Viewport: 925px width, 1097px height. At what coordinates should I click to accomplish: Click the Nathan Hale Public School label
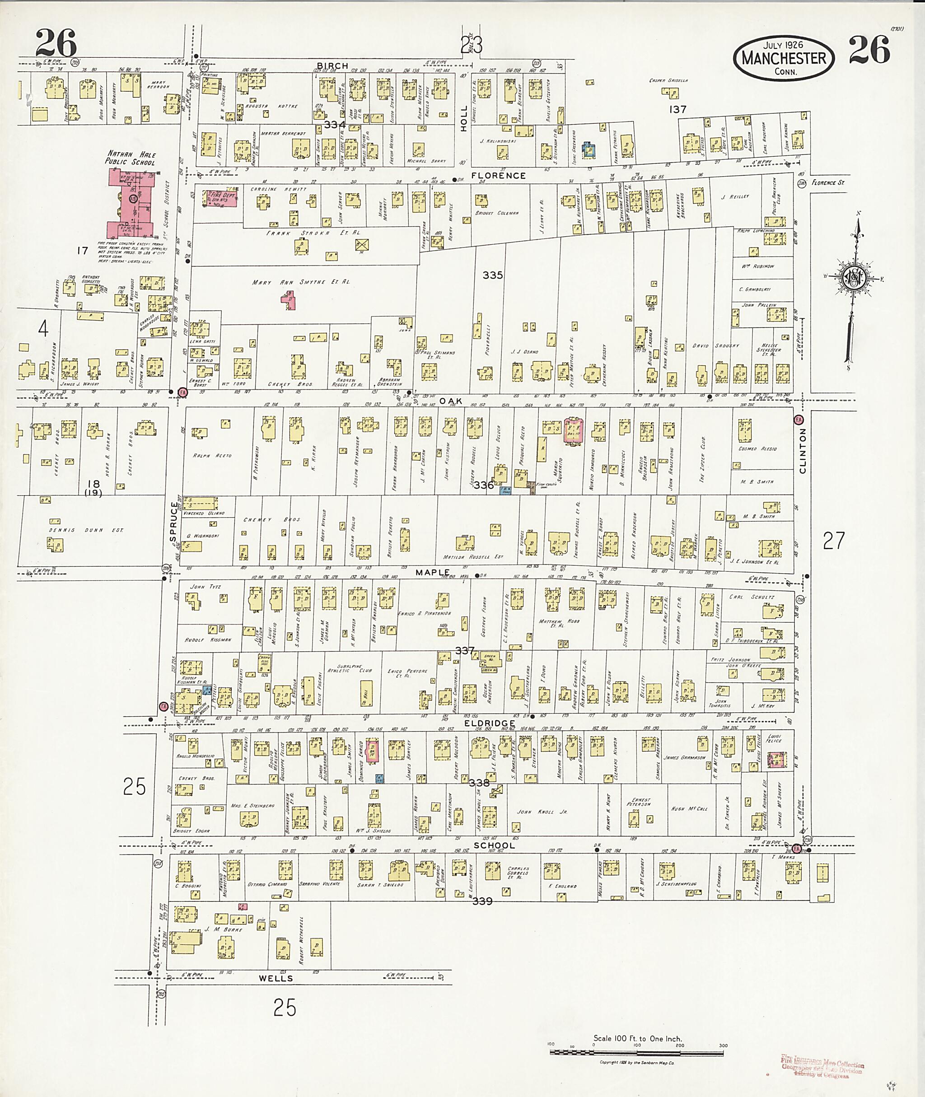131,158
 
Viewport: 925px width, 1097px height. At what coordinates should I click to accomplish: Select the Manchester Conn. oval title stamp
783,58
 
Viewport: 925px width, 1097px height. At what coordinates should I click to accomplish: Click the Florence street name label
498,176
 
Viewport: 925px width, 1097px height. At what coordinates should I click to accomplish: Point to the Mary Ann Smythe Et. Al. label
300,282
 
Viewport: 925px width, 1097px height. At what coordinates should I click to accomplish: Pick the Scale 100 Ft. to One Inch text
637,1038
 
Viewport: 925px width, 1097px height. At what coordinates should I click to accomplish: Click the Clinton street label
803,451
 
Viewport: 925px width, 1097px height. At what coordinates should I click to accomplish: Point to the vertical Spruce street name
174,522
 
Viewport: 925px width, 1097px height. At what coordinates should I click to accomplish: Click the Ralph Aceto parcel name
212,456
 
